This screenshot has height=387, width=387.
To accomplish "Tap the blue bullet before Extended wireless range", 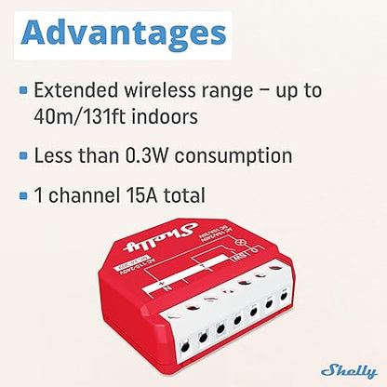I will click(x=23, y=92).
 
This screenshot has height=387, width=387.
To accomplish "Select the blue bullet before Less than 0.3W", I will click(x=23, y=156).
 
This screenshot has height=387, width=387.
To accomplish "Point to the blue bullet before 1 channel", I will click(x=23, y=196).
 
